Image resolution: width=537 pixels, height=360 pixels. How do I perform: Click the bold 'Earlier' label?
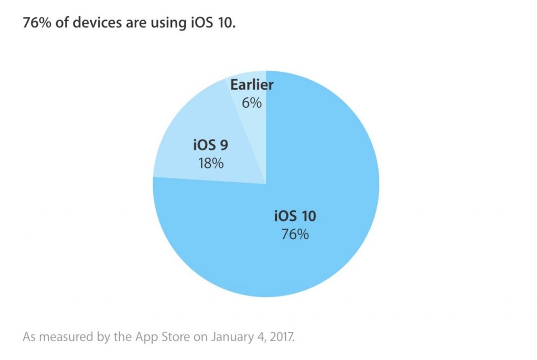pos(252,86)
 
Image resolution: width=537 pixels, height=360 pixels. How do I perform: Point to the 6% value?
pos(252,103)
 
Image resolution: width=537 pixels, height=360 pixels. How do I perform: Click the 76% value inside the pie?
pos(295,234)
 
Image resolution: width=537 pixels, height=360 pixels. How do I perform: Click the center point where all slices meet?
pos(266,184)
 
